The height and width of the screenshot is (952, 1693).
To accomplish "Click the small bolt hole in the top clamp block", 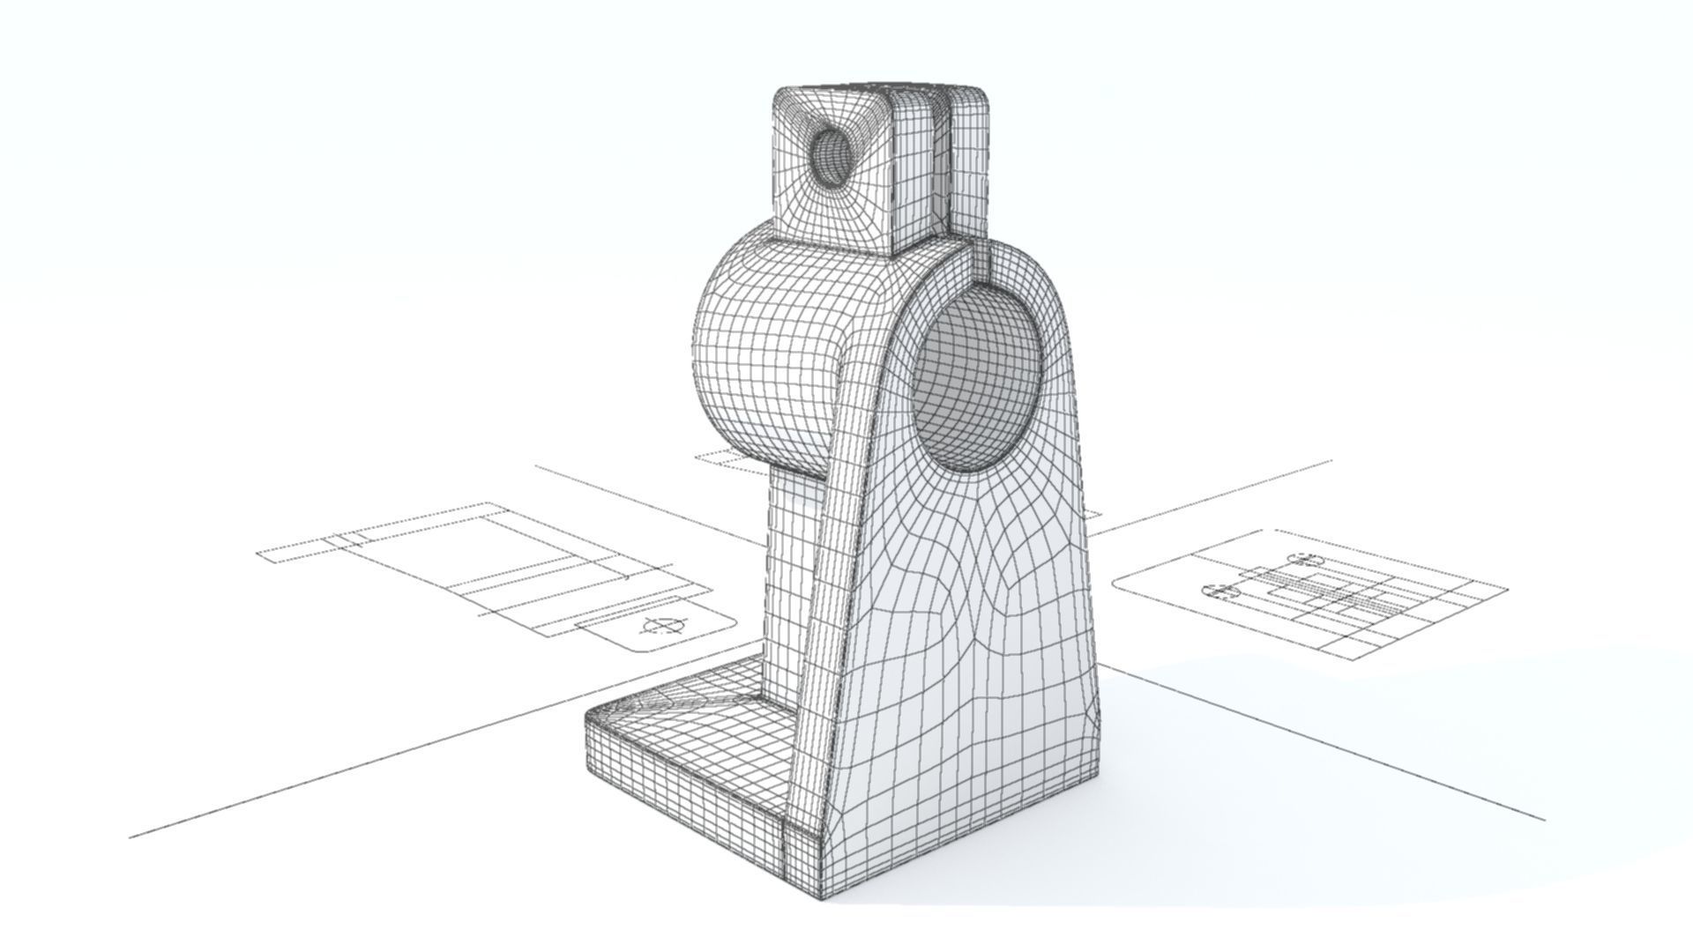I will [832, 158].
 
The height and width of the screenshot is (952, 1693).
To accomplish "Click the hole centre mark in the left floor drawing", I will [663, 627].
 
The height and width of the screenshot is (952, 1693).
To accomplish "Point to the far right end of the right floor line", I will [1543, 820].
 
